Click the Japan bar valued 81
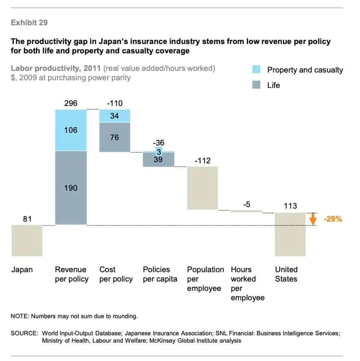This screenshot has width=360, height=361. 27,240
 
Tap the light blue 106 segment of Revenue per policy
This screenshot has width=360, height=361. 71,130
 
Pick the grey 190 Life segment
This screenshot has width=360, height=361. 71,188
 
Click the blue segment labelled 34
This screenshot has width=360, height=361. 114,116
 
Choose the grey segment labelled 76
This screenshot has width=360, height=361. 114,137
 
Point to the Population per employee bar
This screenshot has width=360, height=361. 202,188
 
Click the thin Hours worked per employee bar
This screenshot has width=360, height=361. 246,211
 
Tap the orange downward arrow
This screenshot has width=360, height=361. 313,219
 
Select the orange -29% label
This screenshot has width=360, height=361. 333,219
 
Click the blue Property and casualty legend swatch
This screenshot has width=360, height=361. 257,70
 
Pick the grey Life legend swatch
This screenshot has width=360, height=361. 257,85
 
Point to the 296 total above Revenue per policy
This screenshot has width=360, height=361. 71,103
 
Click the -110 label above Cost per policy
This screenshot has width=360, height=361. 114,103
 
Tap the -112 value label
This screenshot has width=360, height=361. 202,161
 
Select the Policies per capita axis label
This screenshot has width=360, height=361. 160,274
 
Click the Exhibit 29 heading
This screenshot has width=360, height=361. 29,23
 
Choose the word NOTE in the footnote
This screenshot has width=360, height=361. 19,316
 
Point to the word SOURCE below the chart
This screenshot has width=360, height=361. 24,333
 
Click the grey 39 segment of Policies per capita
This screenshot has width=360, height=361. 158,160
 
